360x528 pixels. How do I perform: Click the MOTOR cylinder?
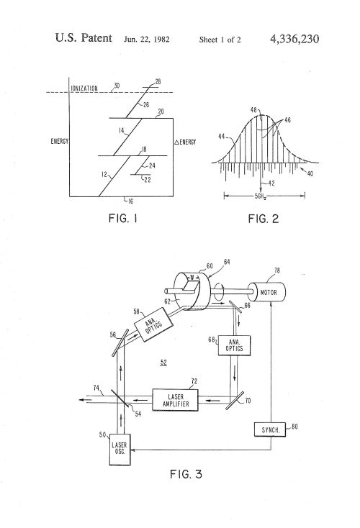pos(269,292)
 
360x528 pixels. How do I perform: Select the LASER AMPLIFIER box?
pos(175,400)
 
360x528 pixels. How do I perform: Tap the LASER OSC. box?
pos(120,449)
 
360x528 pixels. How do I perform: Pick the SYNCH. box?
pos(270,429)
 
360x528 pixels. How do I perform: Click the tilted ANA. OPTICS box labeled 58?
pos(153,324)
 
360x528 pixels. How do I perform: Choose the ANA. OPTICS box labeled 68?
pos(234,345)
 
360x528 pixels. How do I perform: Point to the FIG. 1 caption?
pos(122,219)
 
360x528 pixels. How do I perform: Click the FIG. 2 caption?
pos(264,219)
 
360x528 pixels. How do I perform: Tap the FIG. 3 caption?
pos(186,475)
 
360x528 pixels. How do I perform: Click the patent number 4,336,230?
pos(294,39)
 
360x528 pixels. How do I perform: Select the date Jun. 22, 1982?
pos(147,40)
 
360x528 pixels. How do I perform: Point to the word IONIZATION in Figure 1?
pos(84,88)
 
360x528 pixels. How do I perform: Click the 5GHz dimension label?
pos(261,196)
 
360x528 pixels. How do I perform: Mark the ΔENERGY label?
pos(185,142)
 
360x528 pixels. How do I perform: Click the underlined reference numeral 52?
pos(163,363)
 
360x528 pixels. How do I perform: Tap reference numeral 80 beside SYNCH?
pos(294,427)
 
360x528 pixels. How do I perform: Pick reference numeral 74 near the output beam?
pos(96,388)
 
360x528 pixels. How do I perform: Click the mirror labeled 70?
pos(235,401)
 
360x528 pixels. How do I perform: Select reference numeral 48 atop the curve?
pos(254,110)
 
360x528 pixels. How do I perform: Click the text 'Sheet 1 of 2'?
pos(220,40)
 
